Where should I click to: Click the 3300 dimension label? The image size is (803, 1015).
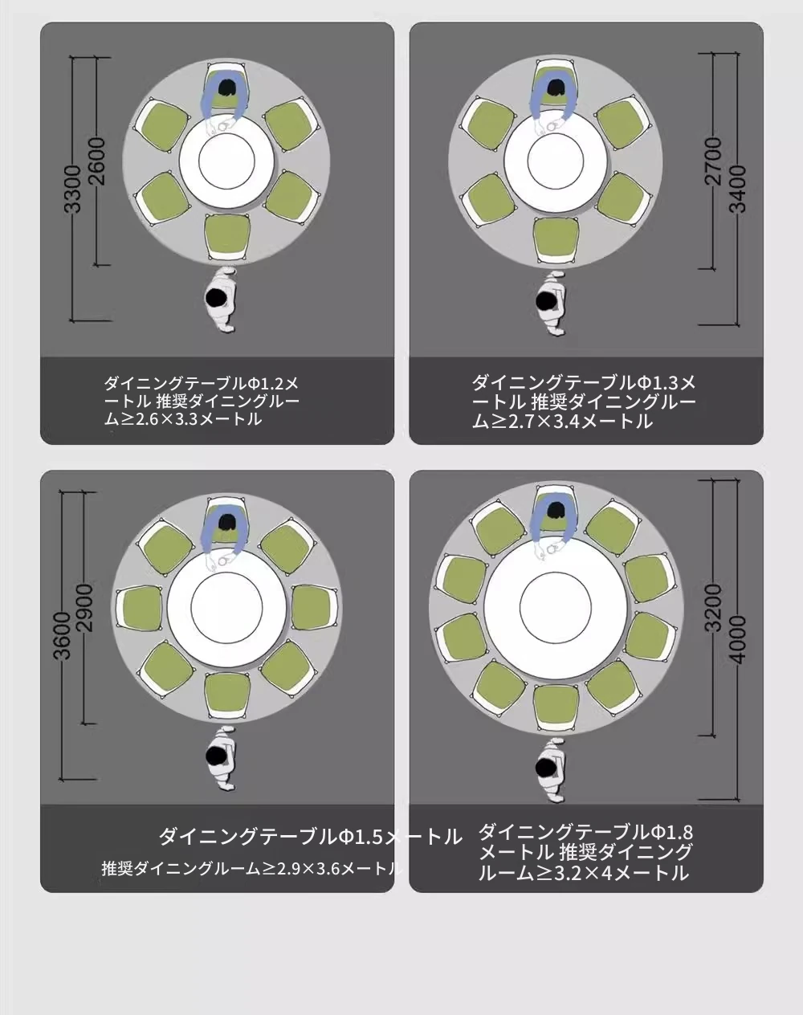pos(72,189)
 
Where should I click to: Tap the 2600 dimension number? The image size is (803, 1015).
pos(97,161)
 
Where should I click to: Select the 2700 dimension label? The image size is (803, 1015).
pos(715,161)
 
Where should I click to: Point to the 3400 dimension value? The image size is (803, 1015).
pos(739,189)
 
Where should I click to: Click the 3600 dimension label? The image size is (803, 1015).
pos(63,635)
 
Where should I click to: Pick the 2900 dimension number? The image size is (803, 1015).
pos(85,608)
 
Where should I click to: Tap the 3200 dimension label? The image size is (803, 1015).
pos(715,608)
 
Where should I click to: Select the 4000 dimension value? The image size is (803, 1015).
pos(739,639)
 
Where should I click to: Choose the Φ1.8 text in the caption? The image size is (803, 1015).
pos(671,833)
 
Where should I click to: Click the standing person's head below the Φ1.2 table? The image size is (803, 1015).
pos(215,298)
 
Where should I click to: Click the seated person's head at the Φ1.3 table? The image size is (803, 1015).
pos(556,88)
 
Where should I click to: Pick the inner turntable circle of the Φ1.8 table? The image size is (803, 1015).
pos(556,605)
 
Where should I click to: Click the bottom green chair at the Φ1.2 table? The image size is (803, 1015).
pos(227,235)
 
